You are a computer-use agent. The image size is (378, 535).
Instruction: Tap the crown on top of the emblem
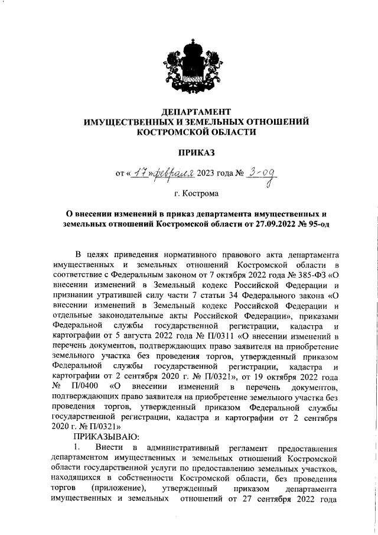pyautogui.click(x=189, y=45)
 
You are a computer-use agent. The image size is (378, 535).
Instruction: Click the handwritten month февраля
pyautogui.click(x=174, y=173)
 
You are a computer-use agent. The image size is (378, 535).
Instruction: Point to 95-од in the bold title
pyautogui.click(x=312, y=224)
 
